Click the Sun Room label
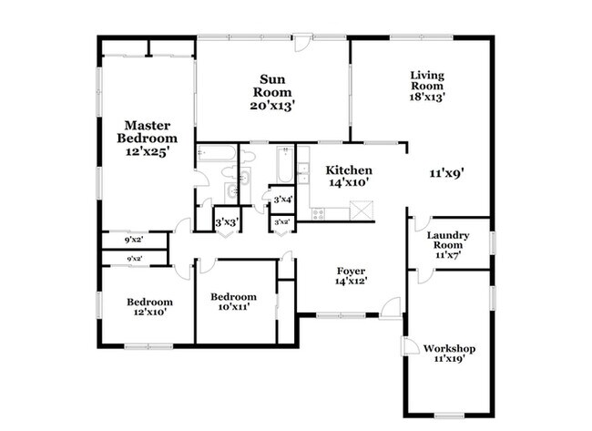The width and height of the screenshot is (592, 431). (x=272, y=86)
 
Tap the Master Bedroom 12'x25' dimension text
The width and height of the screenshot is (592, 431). (x=147, y=152)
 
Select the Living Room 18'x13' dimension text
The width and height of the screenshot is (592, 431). (x=427, y=97)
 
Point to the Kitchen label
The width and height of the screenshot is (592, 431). (x=349, y=170)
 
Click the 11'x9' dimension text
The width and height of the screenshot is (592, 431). (x=446, y=173)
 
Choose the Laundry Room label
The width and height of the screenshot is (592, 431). (x=448, y=240)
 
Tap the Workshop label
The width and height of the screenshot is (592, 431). (x=449, y=348)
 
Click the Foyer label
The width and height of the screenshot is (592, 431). (x=351, y=272)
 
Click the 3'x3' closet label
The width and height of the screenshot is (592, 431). (x=227, y=223)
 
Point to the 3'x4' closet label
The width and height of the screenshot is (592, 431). (x=283, y=199)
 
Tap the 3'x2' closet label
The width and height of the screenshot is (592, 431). (x=281, y=222)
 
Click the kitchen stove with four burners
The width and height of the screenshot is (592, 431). (x=318, y=214)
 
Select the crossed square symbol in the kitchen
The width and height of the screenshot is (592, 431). (x=362, y=210)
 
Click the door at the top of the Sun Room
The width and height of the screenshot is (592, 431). (x=302, y=43)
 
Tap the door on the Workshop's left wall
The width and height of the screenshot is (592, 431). (x=410, y=345)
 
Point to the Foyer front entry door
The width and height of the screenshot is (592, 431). (x=391, y=308)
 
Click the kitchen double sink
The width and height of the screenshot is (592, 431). (x=303, y=173)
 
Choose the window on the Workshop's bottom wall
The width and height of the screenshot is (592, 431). (x=449, y=416)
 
